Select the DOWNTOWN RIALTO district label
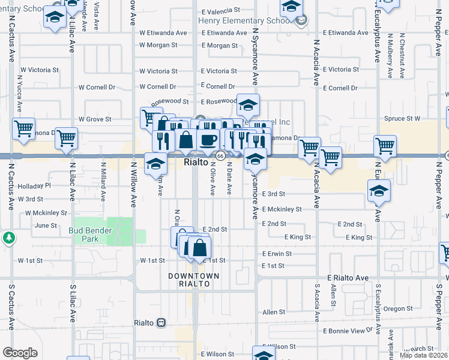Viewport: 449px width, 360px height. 193,280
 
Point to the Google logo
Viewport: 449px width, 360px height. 20,353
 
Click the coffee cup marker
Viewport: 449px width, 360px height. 208,140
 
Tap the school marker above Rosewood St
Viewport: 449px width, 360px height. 247,105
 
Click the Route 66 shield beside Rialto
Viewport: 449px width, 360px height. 220,156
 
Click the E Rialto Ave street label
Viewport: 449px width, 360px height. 348,278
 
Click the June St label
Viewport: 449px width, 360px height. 46,226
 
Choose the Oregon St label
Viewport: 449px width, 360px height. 397,308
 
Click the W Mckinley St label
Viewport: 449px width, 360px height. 46,213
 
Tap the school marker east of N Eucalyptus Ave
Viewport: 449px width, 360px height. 379,191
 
